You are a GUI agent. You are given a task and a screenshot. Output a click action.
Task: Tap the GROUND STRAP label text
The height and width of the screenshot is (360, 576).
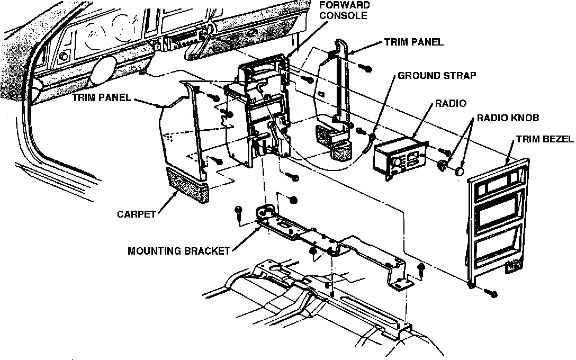pos(437,76)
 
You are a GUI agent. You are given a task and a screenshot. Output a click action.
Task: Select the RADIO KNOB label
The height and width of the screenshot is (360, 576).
pos(508,118)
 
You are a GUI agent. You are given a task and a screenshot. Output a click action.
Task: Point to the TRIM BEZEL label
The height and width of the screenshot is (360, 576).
pos(545,140)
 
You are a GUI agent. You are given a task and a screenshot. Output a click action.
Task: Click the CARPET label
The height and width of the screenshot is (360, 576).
pos(137,214)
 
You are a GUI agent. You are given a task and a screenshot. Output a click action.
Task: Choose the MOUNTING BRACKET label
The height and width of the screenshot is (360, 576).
pos(179,251)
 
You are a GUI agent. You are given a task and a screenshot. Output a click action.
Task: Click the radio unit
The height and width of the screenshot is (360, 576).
pos(400,156)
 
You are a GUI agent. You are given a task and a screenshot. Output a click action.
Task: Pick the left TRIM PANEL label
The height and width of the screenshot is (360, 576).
pos(101,98)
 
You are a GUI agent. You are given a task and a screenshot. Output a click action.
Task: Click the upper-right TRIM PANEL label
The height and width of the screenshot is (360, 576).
pos(415,42)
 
